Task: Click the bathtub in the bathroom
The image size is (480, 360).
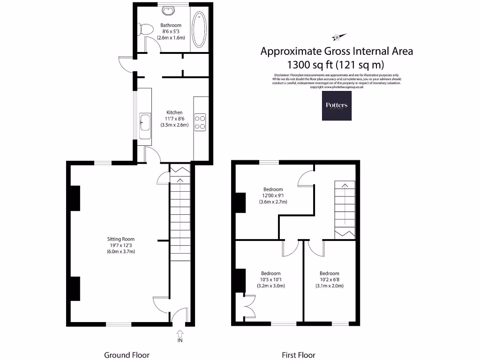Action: (199, 29)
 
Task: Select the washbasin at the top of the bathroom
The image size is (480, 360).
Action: (167, 10)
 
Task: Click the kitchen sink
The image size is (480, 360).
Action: (144, 123)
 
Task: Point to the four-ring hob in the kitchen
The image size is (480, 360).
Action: (200, 122)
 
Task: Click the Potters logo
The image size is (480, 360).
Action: (336, 105)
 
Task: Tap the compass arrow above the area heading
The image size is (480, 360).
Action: (338, 37)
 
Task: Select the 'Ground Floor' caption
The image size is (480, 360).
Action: (127, 355)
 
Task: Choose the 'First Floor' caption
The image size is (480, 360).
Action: (298, 355)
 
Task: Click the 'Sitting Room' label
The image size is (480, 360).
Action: (121, 239)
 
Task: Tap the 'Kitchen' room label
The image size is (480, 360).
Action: (174, 112)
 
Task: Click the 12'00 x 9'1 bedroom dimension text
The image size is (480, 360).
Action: (273, 195)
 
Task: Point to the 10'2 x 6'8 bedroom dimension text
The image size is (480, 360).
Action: (329, 279)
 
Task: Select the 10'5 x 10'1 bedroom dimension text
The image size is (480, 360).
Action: (270, 279)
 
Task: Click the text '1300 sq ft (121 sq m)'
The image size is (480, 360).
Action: (337, 64)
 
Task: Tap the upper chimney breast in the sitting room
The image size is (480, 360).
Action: (75, 198)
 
